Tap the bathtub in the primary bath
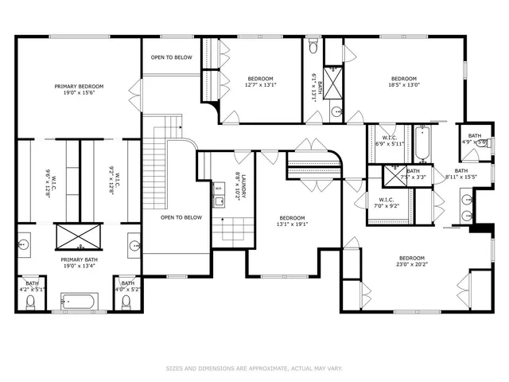(79, 302)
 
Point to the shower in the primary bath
(79, 237)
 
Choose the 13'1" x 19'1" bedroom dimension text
(292, 224)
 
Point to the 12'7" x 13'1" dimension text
(260, 86)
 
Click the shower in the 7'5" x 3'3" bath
(392, 175)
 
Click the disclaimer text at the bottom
(254, 368)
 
